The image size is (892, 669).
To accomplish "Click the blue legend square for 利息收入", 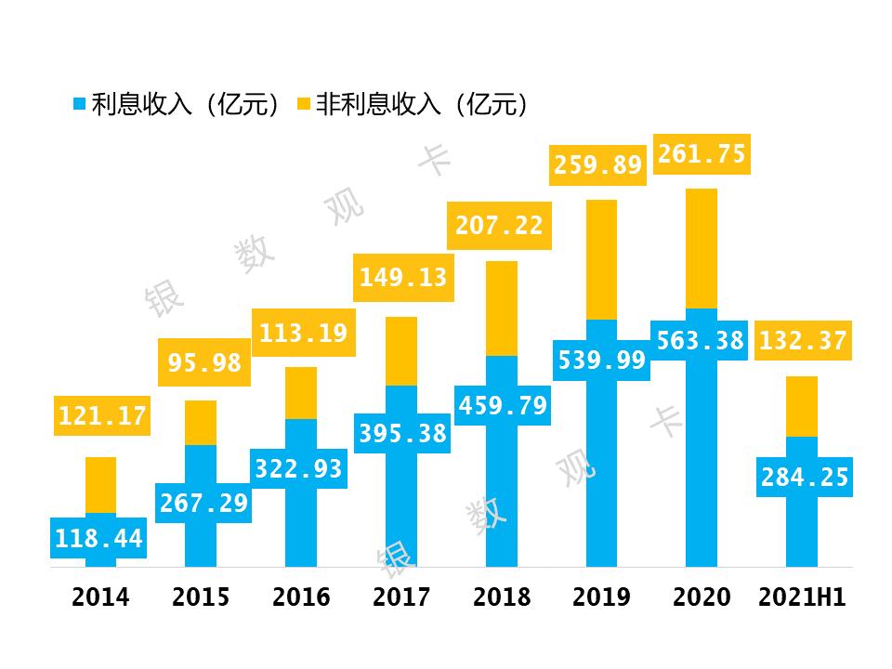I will pyautogui.click(x=79, y=104).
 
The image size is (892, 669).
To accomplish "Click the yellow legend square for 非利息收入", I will pyautogui.click(x=304, y=104).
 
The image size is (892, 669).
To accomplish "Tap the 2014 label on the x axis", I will pyautogui.click(x=100, y=597).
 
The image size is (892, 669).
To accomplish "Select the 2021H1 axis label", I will pyautogui.click(x=802, y=597).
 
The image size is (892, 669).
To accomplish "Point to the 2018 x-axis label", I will pyautogui.click(x=502, y=597).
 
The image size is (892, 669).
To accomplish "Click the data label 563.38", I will pyautogui.click(x=701, y=341).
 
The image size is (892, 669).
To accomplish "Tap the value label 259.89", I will pyautogui.click(x=598, y=165).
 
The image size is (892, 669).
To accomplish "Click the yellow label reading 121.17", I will pyautogui.click(x=102, y=416).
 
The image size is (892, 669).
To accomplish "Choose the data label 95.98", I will pyautogui.click(x=204, y=363).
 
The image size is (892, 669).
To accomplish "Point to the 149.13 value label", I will pyautogui.click(x=402, y=277).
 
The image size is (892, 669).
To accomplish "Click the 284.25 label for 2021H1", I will pyautogui.click(x=805, y=478).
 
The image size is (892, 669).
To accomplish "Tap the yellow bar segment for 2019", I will pyautogui.click(x=601, y=260).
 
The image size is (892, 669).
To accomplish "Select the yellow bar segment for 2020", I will pyautogui.click(x=702, y=248).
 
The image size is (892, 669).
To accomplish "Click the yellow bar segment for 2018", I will pyautogui.click(x=502, y=308).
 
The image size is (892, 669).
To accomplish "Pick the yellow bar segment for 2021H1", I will pyautogui.click(x=802, y=406).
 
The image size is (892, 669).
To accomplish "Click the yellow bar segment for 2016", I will pyautogui.click(x=301, y=393).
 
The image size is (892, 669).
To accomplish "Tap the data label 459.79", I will pyautogui.click(x=502, y=406).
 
